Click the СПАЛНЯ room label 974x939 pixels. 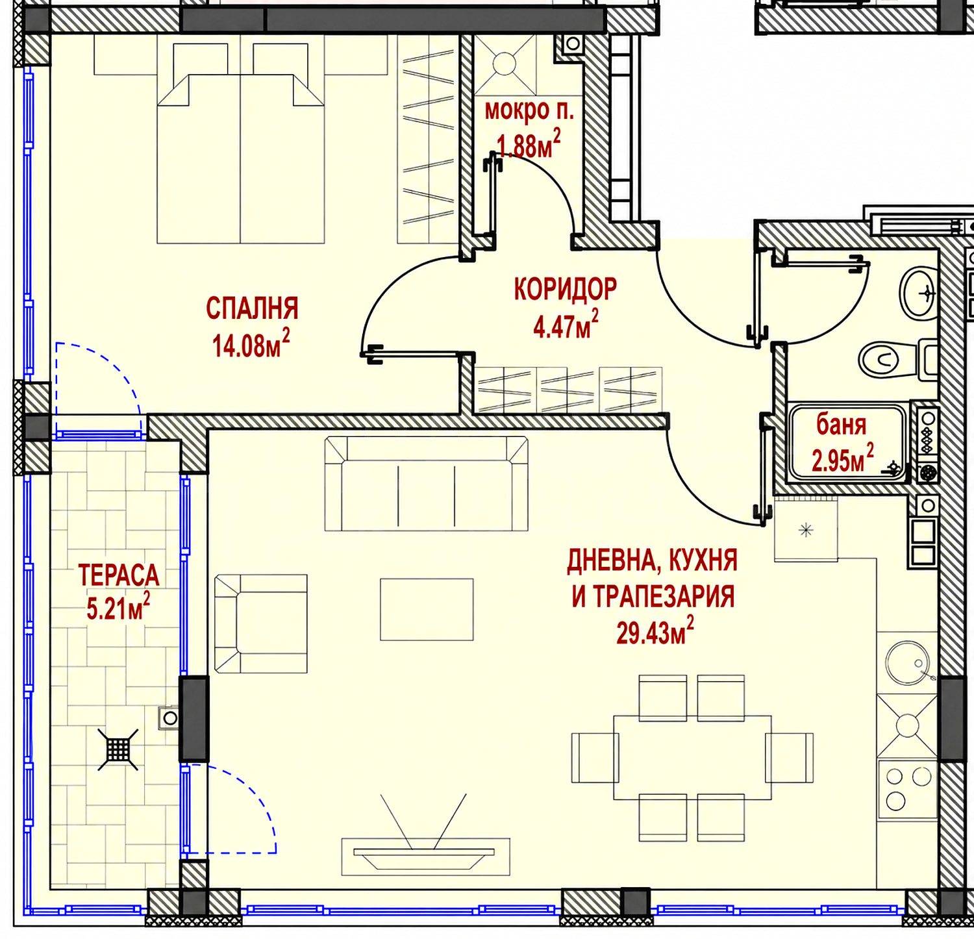[252, 308]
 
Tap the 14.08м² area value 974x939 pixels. [251, 344]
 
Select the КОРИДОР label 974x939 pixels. [565, 289]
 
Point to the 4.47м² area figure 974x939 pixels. [566, 324]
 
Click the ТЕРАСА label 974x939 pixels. [118, 575]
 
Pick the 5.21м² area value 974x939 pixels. [118, 607]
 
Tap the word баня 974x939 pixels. [842, 425]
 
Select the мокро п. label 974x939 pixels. [529, 111]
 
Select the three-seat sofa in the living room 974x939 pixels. [426, 484]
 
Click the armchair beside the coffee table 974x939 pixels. [260, 623]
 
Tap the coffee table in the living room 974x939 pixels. [427, 610]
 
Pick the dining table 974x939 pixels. [692, 757]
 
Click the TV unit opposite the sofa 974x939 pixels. [426, 857]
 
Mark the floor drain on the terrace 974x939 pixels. [118, 749]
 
